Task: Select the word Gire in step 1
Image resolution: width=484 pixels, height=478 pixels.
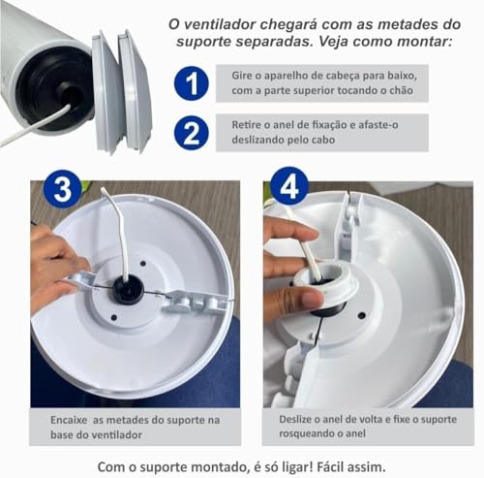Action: tap(246, 76)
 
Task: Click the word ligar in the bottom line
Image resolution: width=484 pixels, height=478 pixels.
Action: tap(301, 462)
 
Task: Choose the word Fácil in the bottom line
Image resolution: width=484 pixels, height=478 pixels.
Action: tap(344, 462)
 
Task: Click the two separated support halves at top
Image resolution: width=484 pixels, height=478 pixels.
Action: tap(122, 89)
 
